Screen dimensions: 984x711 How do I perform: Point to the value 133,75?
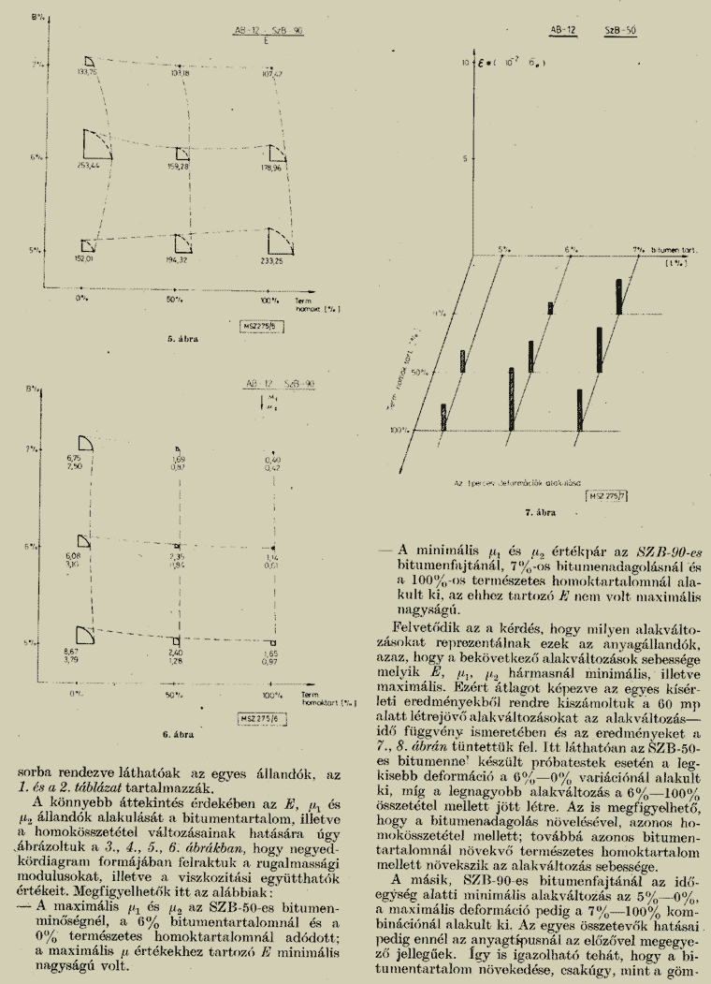coord(88,72)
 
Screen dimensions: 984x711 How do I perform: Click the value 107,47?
coord(272,72)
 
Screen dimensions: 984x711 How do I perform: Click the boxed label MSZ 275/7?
coord(607,493)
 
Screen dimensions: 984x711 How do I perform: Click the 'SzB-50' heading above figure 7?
coord(621,30)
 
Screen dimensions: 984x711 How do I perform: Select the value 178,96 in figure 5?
coord(271,168)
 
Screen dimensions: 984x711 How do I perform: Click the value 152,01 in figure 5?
coord(83,259)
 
